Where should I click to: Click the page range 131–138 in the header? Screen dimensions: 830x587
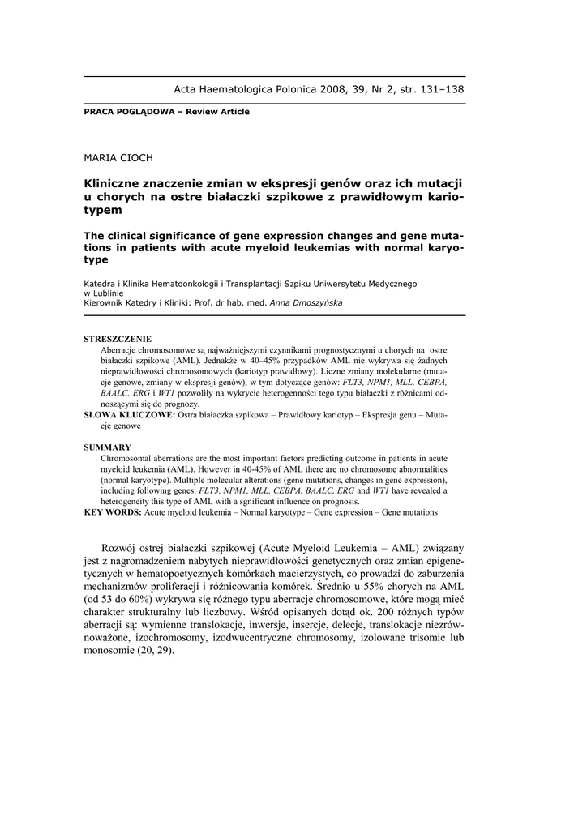pyautogui.click(x=439, y=89)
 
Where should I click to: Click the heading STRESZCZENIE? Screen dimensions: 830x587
pyautogui.click(x=118, y=338)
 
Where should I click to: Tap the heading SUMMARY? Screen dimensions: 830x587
pyautogui.click(x=107, y=447)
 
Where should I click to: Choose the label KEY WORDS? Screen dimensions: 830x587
pyautogui.click(x=113, y=512)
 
